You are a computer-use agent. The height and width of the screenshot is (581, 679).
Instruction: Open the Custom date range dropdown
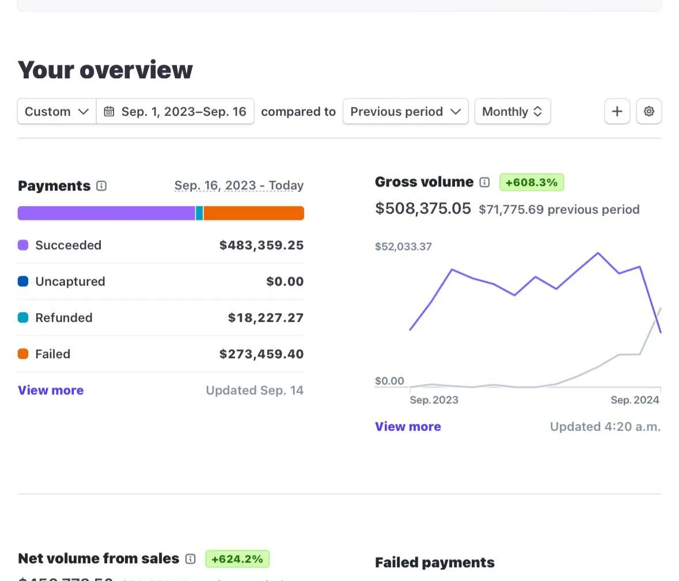(x=56, y=112)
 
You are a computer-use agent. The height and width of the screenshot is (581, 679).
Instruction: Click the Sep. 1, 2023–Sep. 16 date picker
(x=175, y=112)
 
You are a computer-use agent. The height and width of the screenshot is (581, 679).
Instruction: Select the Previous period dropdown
(x=405, y=112)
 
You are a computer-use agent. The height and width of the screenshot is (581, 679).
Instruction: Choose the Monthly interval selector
(x=512, y=112)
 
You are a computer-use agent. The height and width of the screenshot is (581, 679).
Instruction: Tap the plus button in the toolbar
(x=617, y=111)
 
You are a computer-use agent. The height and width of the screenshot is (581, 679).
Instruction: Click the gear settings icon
(x=649, y=111)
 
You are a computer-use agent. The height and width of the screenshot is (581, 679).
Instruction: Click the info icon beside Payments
(x=101, y=186)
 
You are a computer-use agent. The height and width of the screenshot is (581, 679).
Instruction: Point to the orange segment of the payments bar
(x=253, y=213)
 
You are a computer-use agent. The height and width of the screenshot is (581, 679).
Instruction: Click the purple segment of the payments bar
(x=107, y=213)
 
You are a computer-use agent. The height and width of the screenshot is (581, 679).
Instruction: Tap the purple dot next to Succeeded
(x=23, y=245)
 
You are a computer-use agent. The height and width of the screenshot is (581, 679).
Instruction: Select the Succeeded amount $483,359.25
(x=261, y=245)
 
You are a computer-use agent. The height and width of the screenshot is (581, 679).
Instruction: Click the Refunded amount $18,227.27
(x=265, y=318)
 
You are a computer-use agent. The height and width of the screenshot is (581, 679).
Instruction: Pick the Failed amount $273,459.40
(x=261, y=354)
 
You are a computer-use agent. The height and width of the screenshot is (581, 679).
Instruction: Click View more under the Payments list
(x=51, y=390)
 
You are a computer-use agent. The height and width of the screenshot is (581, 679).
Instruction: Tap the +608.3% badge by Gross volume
(x=531, y=183)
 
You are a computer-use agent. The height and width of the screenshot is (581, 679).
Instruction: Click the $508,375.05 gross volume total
(x=423, y=208)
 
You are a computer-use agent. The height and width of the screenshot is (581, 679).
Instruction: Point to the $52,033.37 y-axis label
(x=403, y=246)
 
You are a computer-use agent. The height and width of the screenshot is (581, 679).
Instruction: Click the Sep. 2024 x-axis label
(x=635, y=400)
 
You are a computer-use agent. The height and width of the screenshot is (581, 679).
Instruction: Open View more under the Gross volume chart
(x=408, y=427)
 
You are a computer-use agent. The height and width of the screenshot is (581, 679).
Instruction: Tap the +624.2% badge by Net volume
(x=237, y=559)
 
